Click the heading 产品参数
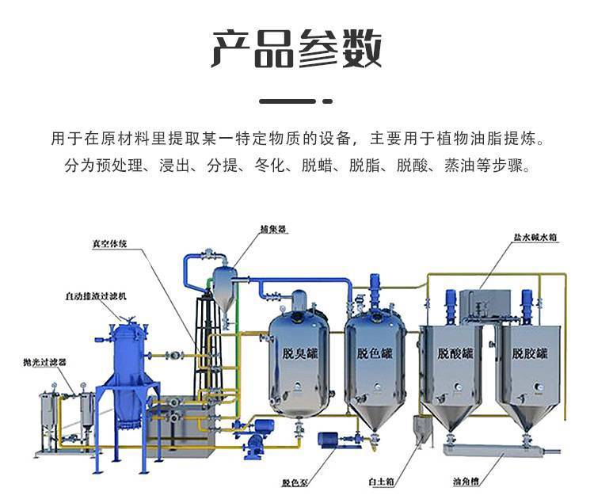(297, 48)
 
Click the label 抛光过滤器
(44, 361)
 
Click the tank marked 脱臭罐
(299, 354)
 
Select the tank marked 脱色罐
(374, 354)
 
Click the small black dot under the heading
(329, 101)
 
